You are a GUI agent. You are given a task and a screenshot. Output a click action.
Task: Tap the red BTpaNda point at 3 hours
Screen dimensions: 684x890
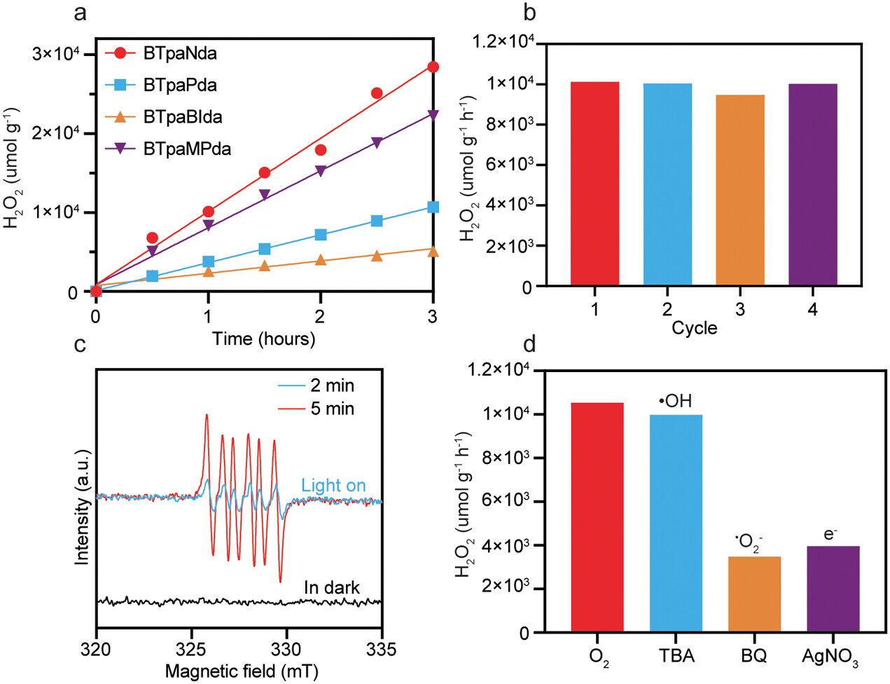point(433,67)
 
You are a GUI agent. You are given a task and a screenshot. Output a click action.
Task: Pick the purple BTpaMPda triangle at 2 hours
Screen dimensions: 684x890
point(321,170)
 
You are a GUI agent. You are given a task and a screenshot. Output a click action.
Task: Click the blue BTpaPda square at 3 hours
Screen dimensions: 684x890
point(433,207)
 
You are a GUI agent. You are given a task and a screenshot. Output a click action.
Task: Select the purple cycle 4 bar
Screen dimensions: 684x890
point(812,185)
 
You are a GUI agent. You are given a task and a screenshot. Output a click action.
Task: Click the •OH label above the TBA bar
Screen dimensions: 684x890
point(675,402)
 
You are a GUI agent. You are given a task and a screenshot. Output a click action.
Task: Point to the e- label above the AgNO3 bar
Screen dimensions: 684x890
point(831,534)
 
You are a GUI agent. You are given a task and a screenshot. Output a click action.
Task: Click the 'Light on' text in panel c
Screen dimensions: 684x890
point(333,485)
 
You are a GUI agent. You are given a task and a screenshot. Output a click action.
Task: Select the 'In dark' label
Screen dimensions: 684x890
point(332,587)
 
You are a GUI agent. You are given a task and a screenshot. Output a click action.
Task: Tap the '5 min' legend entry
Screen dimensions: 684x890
point(332,408)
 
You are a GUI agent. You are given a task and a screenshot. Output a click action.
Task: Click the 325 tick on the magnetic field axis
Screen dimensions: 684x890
point(192,648)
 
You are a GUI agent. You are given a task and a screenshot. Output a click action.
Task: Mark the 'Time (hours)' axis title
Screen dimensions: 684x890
point(264,339)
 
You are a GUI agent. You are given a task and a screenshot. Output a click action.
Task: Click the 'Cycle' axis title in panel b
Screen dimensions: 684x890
point(695,328)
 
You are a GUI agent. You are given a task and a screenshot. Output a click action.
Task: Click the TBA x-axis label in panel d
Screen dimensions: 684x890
point(676,657)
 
